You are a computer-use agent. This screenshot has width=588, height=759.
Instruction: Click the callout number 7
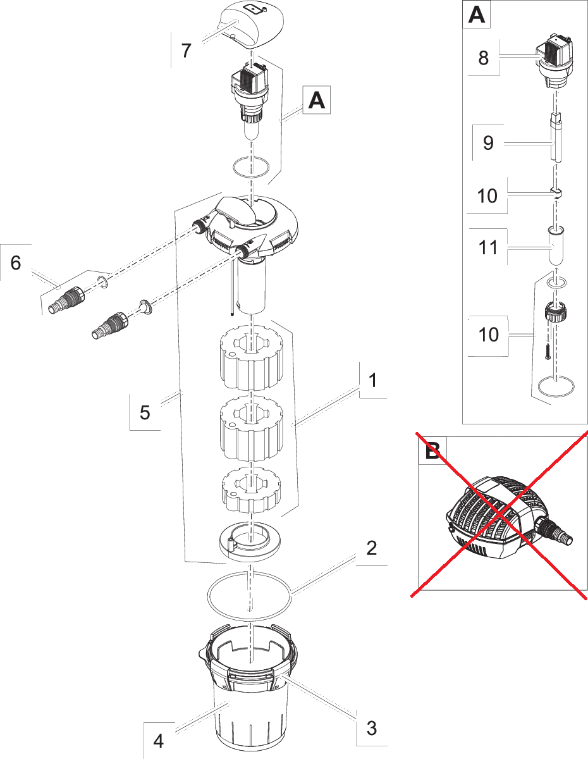pos(186,50)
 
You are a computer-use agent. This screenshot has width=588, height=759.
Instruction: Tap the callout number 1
pos(373,380)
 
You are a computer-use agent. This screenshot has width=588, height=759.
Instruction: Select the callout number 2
pos(372,547)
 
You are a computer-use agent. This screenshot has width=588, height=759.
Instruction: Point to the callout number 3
pos(372,728)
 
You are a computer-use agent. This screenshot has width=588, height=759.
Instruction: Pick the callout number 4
pos(159,741)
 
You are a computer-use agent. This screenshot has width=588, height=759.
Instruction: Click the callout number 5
pos(145,412)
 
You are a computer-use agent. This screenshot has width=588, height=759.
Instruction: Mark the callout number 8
pos(484,58)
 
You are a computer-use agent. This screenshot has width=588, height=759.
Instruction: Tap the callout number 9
pos(488,143)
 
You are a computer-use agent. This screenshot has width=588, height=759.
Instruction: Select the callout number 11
pos(488,247)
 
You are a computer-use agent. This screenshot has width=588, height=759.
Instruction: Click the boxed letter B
pos(432,451)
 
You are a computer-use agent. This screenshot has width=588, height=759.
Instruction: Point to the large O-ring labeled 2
pos(250,596)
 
